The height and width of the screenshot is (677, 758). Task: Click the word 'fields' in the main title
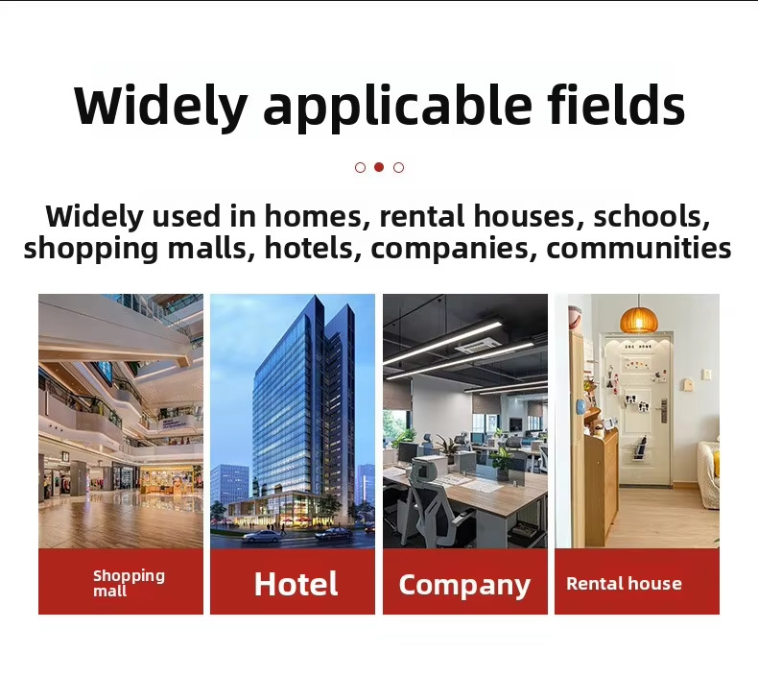[x=616, y=105]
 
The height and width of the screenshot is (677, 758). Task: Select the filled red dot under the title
[x=379, y=167]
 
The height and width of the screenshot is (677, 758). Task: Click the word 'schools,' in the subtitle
[x=651, y=216]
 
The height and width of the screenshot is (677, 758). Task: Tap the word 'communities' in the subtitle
[x=639, y=248]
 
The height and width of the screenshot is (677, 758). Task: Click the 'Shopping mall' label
[x=129, y=583]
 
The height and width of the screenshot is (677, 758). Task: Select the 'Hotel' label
[x=296, y=584]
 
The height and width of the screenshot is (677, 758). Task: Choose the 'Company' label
[x=464, y=585]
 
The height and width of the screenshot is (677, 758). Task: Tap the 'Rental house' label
[x=624, y=584]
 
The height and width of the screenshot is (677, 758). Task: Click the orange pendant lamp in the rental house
[x=639, y=319]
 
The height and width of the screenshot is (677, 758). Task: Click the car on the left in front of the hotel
[x=261, y=536]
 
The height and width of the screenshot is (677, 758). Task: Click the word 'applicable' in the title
[x=397, y=109]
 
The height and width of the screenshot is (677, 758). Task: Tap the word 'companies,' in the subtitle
[x=454, y=248]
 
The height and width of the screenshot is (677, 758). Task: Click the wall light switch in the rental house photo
[x=706, y=375]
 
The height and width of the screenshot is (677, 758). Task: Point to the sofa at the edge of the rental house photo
[x=709, y=473]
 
